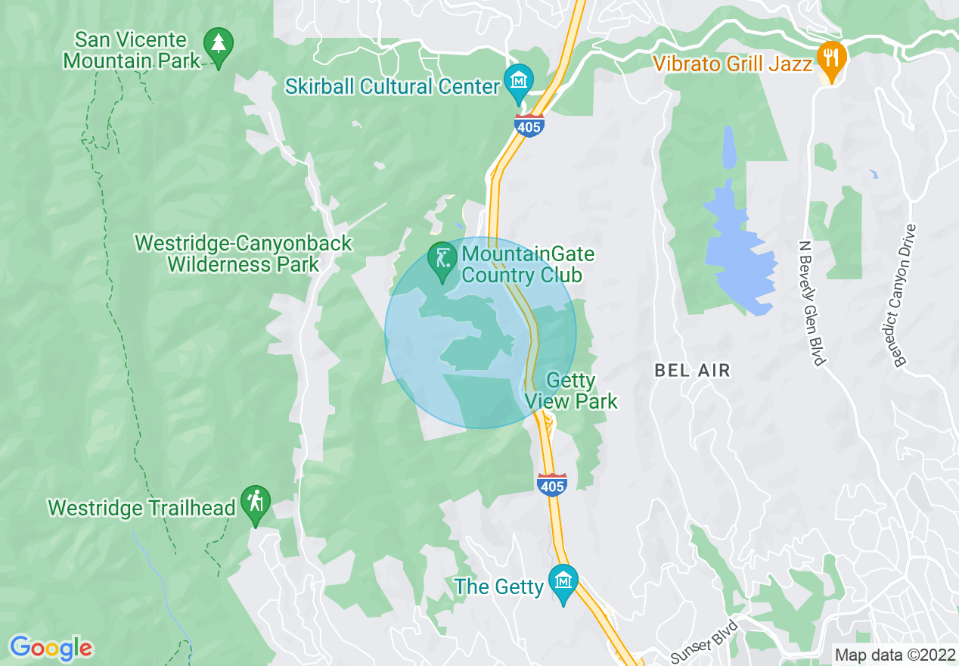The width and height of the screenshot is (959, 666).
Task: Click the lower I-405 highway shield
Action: click(552, 484)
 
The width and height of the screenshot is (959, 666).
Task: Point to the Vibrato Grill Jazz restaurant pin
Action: click(832, 60)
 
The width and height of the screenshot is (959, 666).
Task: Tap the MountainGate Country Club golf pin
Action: click(442, 260)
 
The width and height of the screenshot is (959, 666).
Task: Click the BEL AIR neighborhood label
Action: click(693, 370)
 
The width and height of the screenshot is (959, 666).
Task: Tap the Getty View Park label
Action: click(572, 391)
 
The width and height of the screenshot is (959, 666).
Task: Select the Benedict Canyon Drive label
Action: click(905, 296)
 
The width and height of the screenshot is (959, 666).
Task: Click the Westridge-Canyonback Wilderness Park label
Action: click(244, 254)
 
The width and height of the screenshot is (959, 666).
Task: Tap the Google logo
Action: click(51, 648)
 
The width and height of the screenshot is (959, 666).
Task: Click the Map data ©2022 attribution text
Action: click(894, 654)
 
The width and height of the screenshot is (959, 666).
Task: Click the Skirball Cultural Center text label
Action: click(393, 86)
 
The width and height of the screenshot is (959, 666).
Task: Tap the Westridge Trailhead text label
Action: click(141, 507)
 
